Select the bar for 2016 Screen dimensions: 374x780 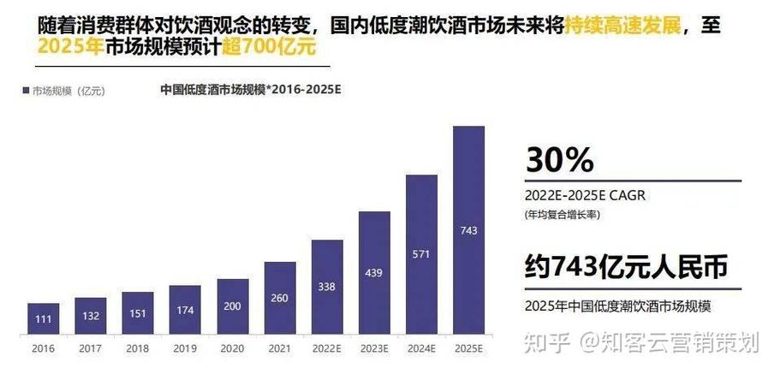(x=43, y=319)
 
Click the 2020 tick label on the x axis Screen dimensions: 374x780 (x=231, y=348)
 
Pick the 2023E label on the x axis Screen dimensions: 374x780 (x=374, y=348)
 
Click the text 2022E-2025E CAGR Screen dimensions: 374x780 (x=585, y=195)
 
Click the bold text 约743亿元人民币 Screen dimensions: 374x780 (x=626, y=267)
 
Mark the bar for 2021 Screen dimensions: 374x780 (x=279, y=299)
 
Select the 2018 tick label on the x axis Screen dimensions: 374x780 (x=137, y=348)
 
